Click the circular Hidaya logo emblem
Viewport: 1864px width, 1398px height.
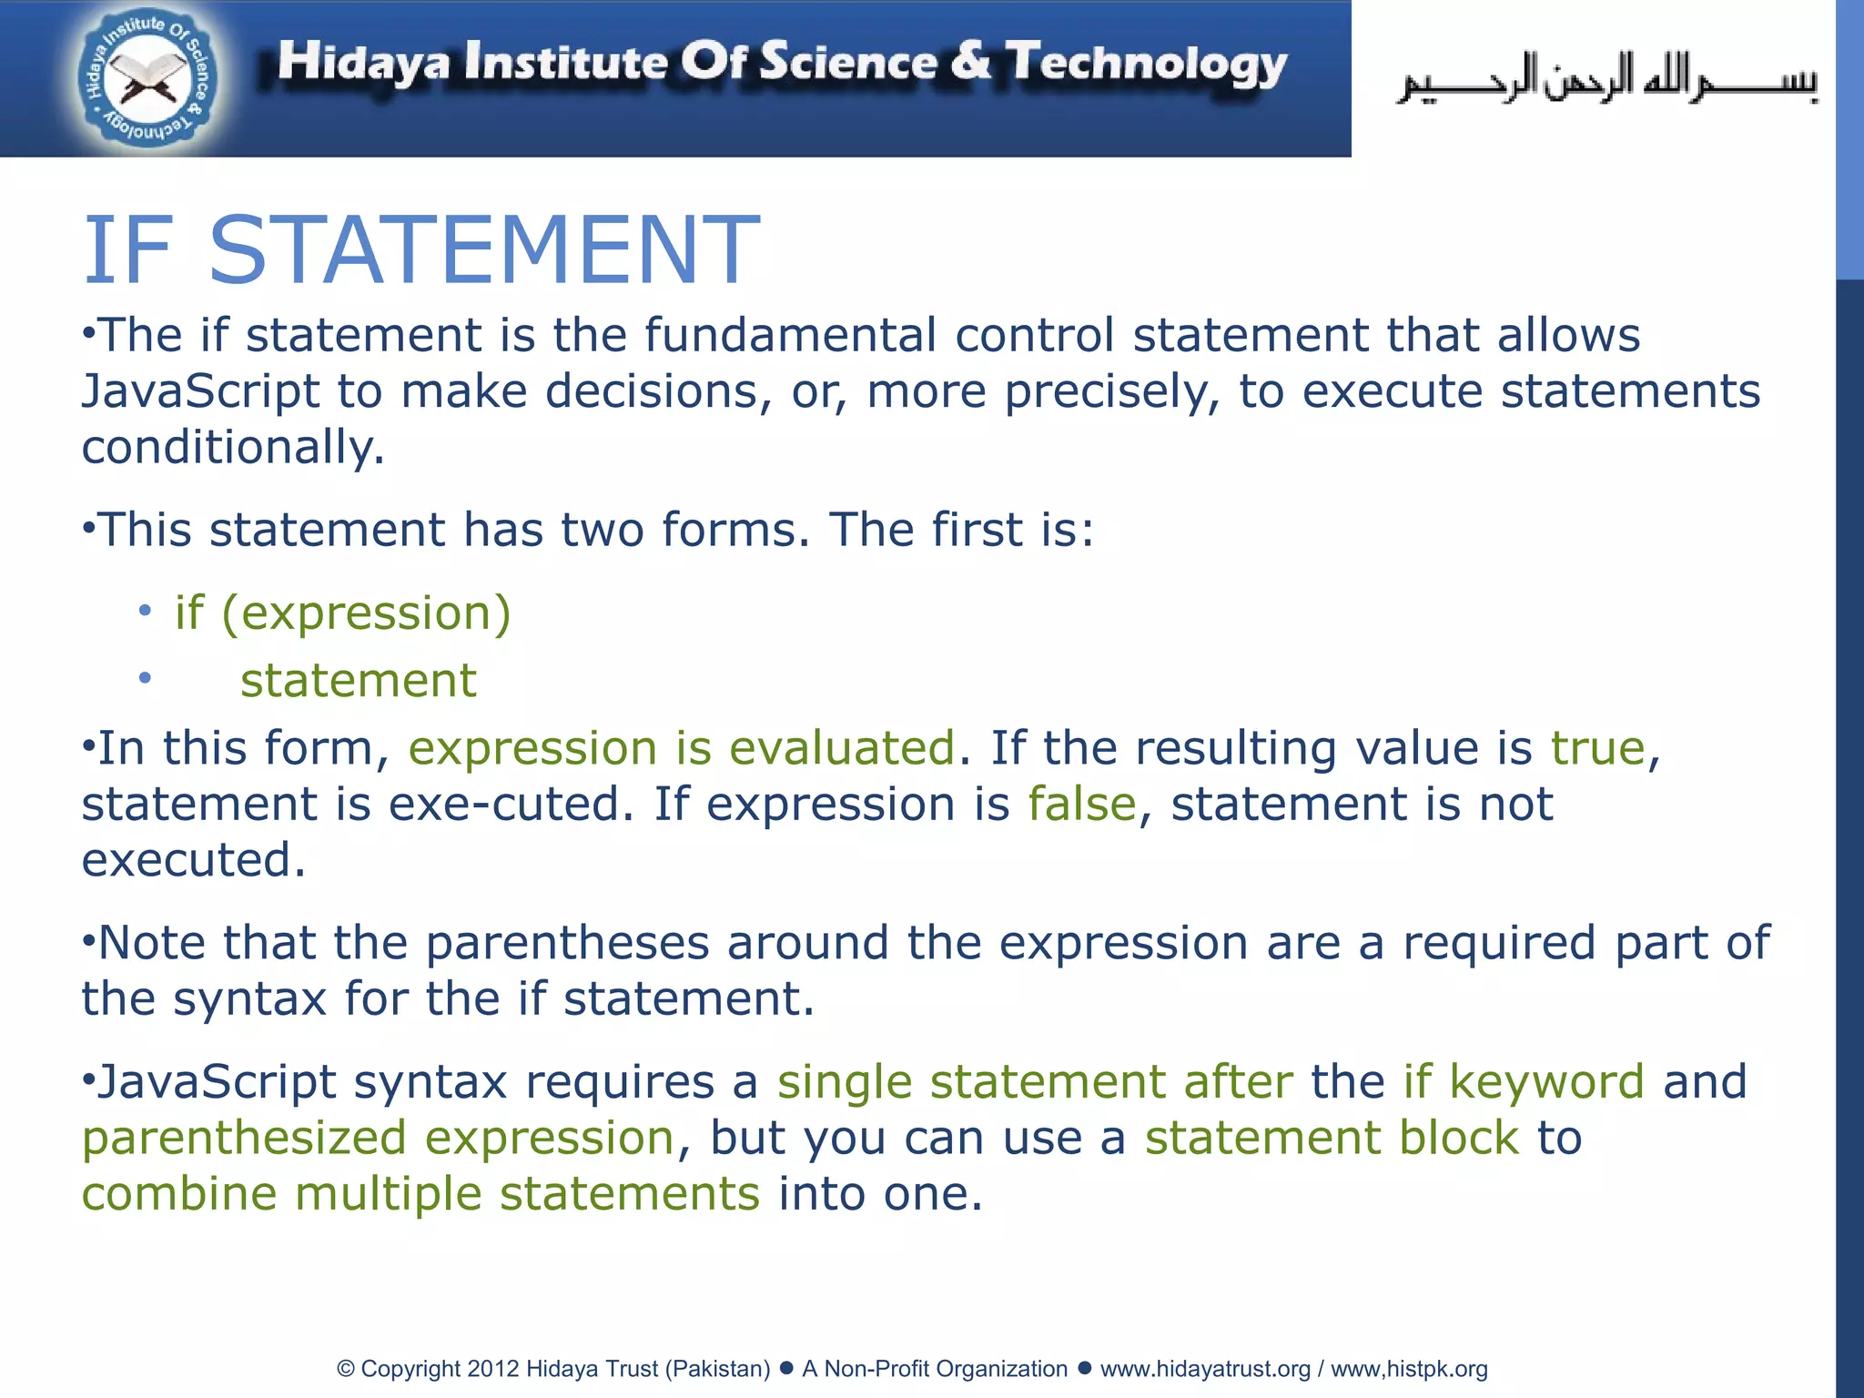click(x=147, y=80)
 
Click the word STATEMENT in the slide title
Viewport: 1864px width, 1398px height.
click(x=484, y=250)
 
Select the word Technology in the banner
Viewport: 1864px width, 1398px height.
click(x=1146, y=64)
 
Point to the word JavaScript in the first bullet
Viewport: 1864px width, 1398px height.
click(x=200, y=391)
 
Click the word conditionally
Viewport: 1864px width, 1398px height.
click(x=233, y=448)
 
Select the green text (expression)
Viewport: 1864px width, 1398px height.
click(x=366, y=613)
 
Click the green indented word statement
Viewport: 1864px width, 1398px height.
click(x=358, y=680)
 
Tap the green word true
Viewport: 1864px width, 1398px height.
click(x=1598, y=748)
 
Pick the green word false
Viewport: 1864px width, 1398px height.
click(x=1082, y=805)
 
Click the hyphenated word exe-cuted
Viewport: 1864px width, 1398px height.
click(x=511, y=805)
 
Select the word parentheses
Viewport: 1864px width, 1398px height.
click(x=567, y=943)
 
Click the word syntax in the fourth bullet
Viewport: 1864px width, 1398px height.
click(x=249, y=999)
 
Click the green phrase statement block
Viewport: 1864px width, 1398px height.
click(x=1332, y=1138)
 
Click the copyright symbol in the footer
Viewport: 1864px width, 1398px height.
click(x=345, y=1369)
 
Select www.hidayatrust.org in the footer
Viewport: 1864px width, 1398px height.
click(x=1205, y=1369)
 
